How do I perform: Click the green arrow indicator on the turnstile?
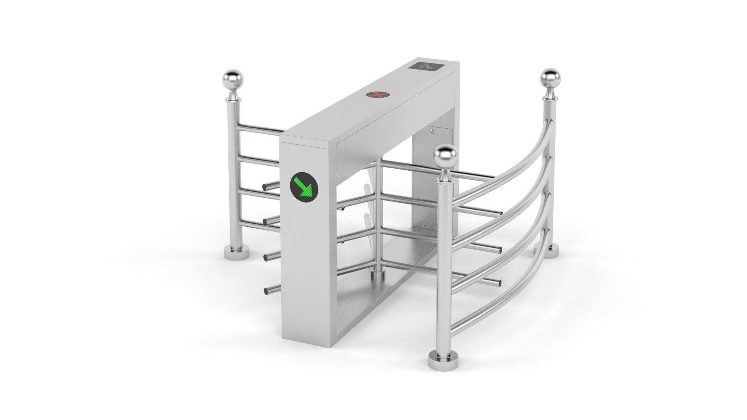[x=304, y=187]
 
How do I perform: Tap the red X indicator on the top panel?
[x=375, y=94]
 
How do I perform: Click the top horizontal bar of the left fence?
[x=259, y=129]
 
